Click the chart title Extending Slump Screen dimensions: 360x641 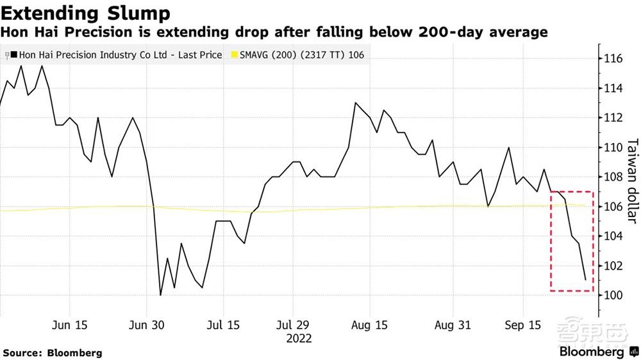tap(86, 12)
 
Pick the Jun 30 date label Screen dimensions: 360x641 tap(148, 325)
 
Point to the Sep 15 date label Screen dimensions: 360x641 tap(523, 325)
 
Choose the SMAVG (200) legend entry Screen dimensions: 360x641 tap(301, 55)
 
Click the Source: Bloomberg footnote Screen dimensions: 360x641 tap(53, 353)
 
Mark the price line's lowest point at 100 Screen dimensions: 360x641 tap(160, 295)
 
